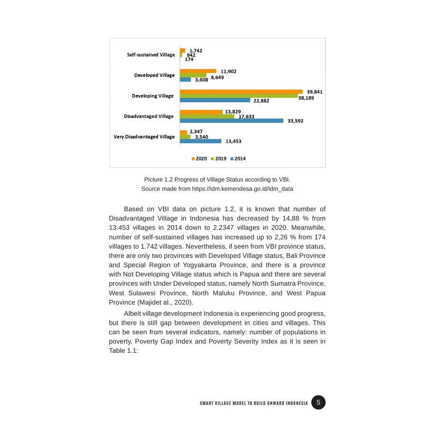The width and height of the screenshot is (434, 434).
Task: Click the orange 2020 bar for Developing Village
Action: pyautogui.click(x=241, y=91)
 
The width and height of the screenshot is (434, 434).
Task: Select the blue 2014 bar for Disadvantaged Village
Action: pyautogui.click(x=231, y=121)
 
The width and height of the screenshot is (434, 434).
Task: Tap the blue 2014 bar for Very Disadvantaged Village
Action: pyautogui.click(x=200, y=141)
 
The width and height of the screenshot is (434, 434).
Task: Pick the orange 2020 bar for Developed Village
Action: pyautogui.click(x=198, y=71)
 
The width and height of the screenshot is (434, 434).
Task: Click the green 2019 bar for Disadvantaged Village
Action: pyautogui.click(x=207, y=116)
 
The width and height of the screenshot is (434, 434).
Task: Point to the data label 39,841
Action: pyautogui.click(x=315, y=91)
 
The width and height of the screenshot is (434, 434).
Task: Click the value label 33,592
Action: pyautogui.click(x=295, y=121)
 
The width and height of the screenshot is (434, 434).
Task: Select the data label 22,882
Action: pyautogui.click(x=261, y=101)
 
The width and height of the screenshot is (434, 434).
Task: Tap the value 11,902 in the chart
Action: pyautogui.click(x=228, y=71)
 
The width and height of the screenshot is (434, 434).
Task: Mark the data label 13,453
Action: pyautogui.click(x=233, y=142)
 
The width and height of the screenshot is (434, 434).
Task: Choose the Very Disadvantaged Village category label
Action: pyautogui.click(x=144, y=137)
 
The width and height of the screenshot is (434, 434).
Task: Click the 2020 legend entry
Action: pyautogui.click(x=199, y=159)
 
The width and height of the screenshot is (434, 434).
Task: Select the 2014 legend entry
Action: pyautogui.click(x=237, y=159)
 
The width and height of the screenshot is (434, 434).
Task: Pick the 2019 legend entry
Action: pyautogui.click(x=218, y=159)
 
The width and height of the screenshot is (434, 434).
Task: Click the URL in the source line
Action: pyautogui.click(x=242, y=189)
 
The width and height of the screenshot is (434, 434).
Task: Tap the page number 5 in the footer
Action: pyautogui.click(x=319, y=403)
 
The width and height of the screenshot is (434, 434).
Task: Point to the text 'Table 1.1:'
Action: pyautogui.click(x=123, y=350)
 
